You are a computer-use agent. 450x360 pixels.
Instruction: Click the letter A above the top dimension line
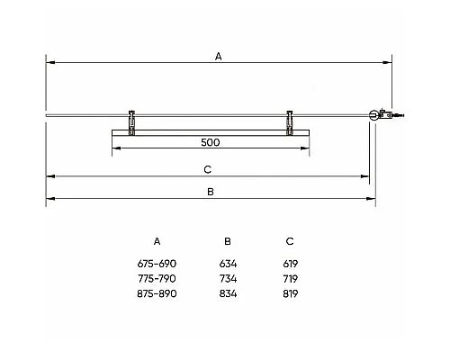219,57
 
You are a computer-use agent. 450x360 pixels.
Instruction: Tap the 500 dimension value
211,142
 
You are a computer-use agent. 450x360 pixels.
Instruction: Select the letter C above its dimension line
208,169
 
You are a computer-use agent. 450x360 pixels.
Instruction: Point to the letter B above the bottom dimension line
211,192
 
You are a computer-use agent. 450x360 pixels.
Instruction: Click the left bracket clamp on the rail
131,123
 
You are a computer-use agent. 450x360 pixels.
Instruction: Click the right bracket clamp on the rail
290,123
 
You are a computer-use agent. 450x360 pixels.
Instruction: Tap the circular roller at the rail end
373,115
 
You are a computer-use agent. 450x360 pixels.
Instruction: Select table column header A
157,241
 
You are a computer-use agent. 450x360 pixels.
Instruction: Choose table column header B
228,241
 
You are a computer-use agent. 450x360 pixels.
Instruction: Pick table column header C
290,241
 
